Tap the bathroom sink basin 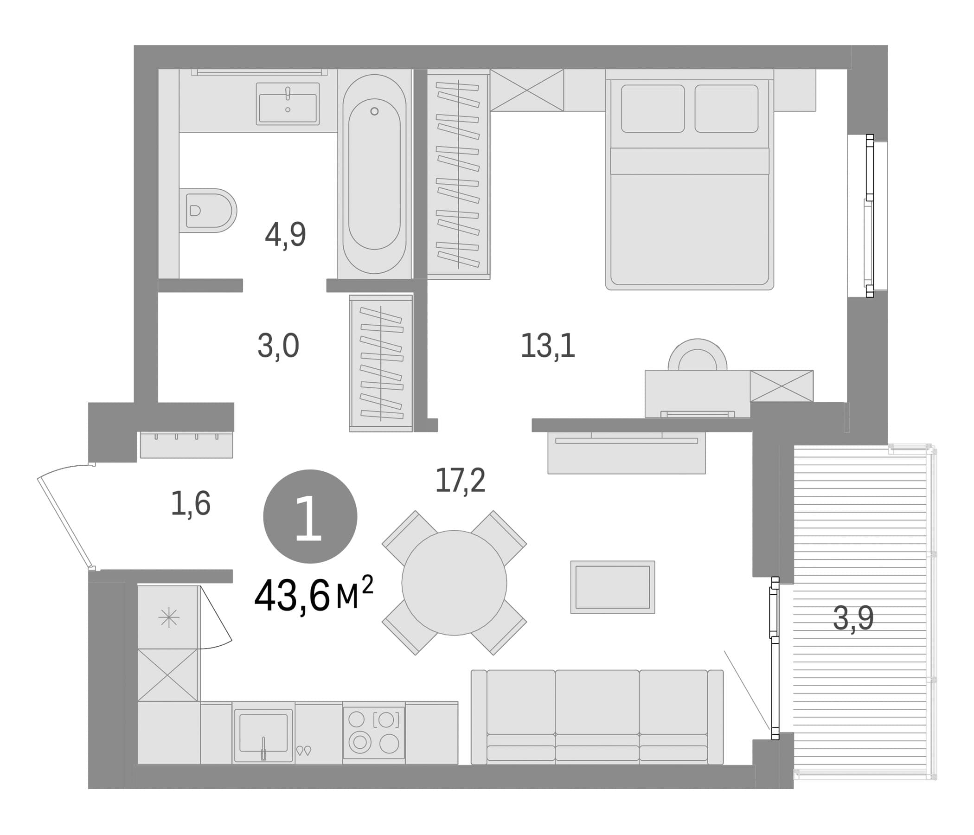click(x=288, y=104)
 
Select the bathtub click(x=374, y=174)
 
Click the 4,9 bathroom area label click(x=285, y=235)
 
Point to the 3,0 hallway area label click(x=278, y=346)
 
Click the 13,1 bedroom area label click(x=548, y=346)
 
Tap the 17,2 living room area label click(x=460, y=481)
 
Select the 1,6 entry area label click(x=190, y=503)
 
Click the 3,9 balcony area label click(x=853, y=618)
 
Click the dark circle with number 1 click(x=310, y=516)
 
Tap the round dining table click(x=454, y=583)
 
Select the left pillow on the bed click(x=653, y=109)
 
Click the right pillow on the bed click(x=726, y=109)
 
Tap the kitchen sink click(x=263, y=735)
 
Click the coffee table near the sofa click(x=613, y=587)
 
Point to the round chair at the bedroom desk click(x=698, y=355)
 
